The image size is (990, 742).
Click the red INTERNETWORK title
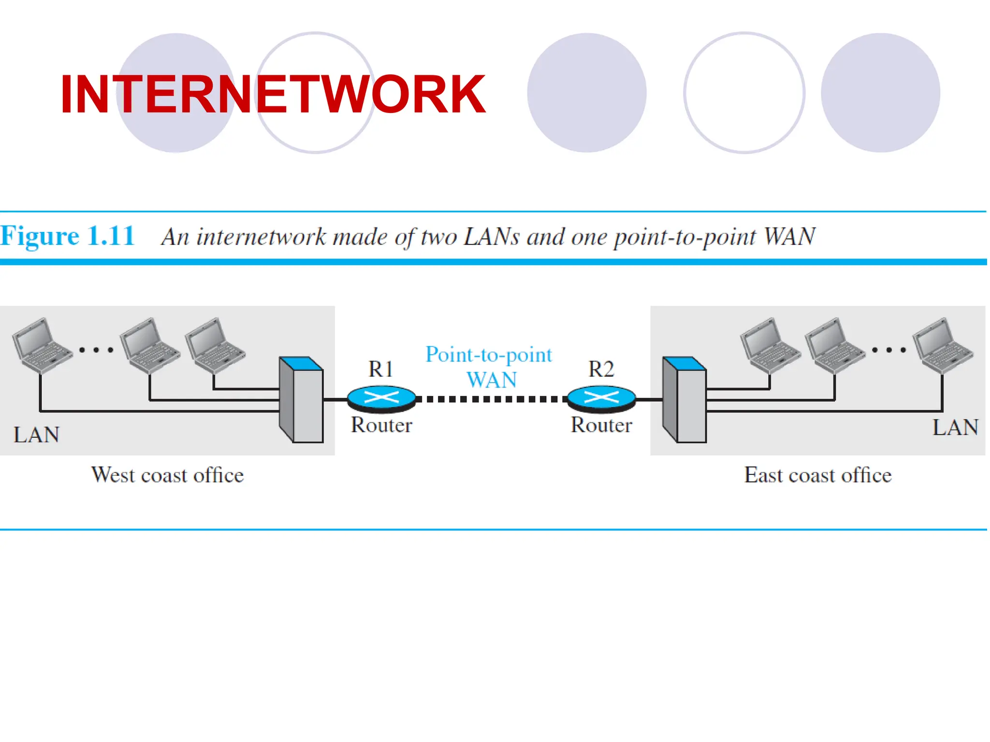pos(273,94)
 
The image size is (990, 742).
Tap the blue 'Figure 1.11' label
pos(68,236)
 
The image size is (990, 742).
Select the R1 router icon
pos(381,399)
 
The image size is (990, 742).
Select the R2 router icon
pos(601,399)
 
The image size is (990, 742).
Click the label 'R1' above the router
pos(381,369)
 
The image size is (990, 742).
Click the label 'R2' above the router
pos(601,369)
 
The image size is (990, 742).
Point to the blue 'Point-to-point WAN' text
pos(489,367)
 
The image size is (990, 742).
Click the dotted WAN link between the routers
pos(491,399)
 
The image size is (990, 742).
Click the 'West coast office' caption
pos(168,475)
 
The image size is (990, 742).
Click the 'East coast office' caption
pos(818,475)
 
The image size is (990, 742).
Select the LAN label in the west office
pos(37,434)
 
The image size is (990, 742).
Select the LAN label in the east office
pos(955,428)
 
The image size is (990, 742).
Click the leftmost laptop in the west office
pos(41,345)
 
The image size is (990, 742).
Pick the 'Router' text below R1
pos(381,425)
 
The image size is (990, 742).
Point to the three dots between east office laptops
pos(889,350)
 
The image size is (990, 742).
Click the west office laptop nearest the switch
pos(215,345)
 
